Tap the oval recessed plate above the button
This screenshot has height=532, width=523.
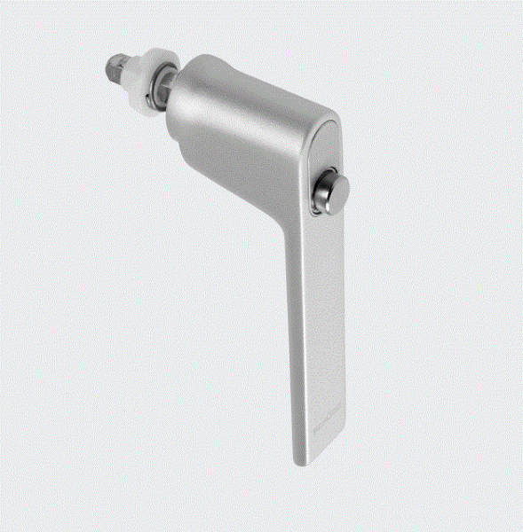pos(325,146)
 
